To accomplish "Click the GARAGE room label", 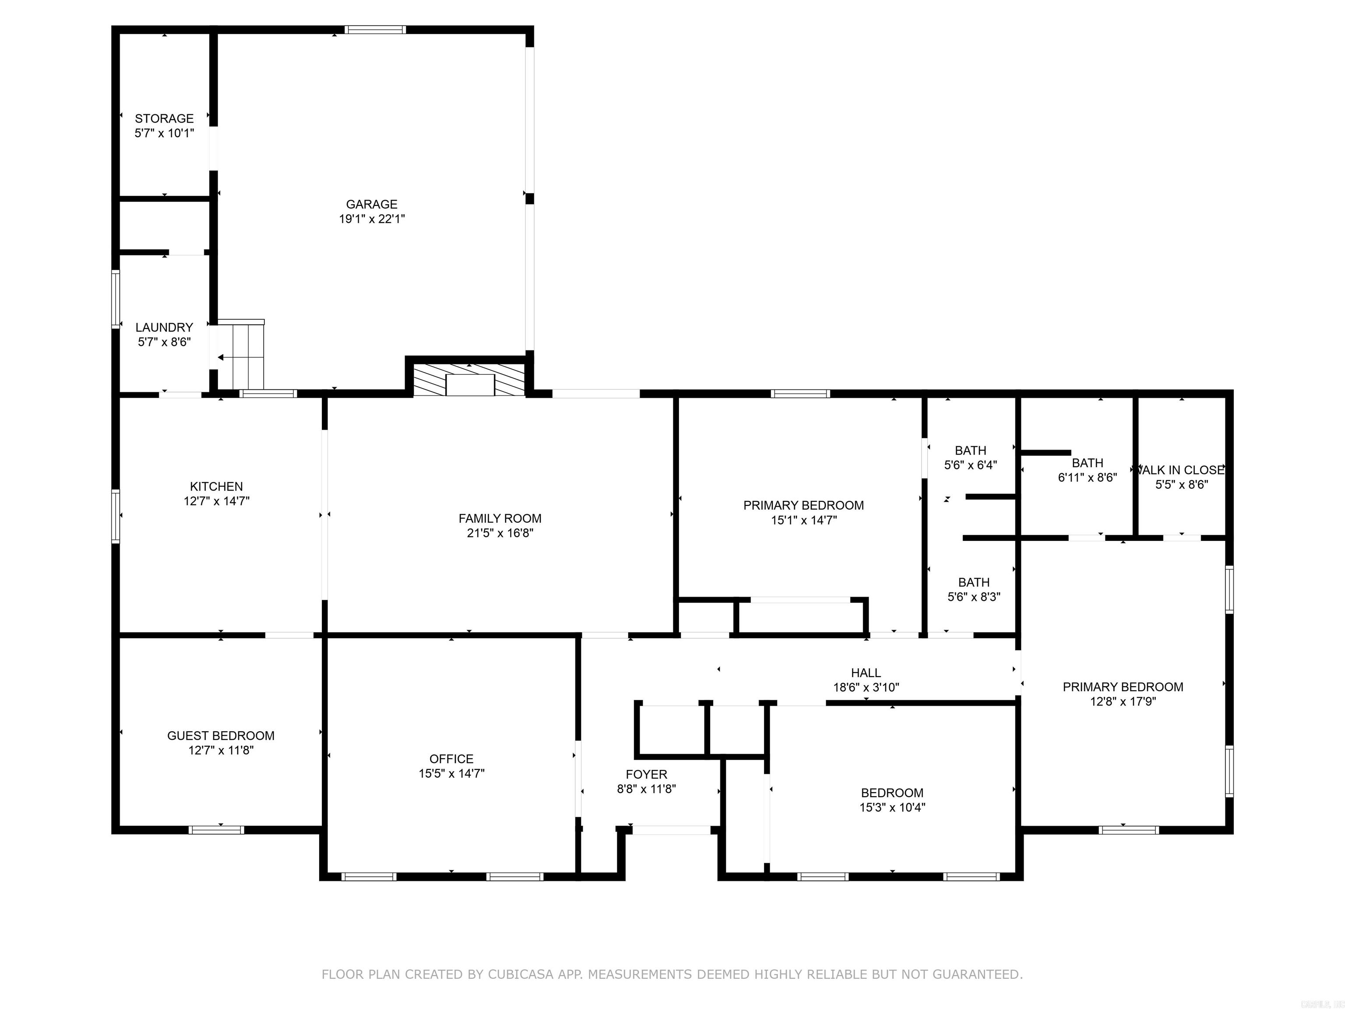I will [x=372, y=205].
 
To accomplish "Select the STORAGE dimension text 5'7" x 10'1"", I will [x=164, y=133].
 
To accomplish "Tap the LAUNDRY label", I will [x=164, y=327].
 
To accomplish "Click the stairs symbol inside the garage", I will [x=241, y=356].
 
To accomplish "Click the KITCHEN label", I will [x=216, y=487].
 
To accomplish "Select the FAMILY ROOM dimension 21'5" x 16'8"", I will [x=500, y=533].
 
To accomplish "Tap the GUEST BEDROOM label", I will [x=221, y=736].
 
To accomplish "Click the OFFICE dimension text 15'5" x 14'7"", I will [x=451, y=774].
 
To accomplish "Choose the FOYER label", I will [x=646, y=774].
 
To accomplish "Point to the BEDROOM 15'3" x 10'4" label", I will [x=892, y=793].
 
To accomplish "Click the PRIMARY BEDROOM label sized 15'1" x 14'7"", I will [x=803, y=505].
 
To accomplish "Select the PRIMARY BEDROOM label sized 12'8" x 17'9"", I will [x=1123, y=687].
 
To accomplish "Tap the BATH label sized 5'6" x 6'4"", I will [x=971, y=451].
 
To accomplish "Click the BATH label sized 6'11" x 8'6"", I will [x=1087, y=463].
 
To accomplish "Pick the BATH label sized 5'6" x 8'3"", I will [x=973, y=582].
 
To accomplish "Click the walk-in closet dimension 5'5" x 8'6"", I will [x=1181, y=485].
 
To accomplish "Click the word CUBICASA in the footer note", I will [x=521, y=974].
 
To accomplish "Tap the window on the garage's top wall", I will [x=375, y=29].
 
